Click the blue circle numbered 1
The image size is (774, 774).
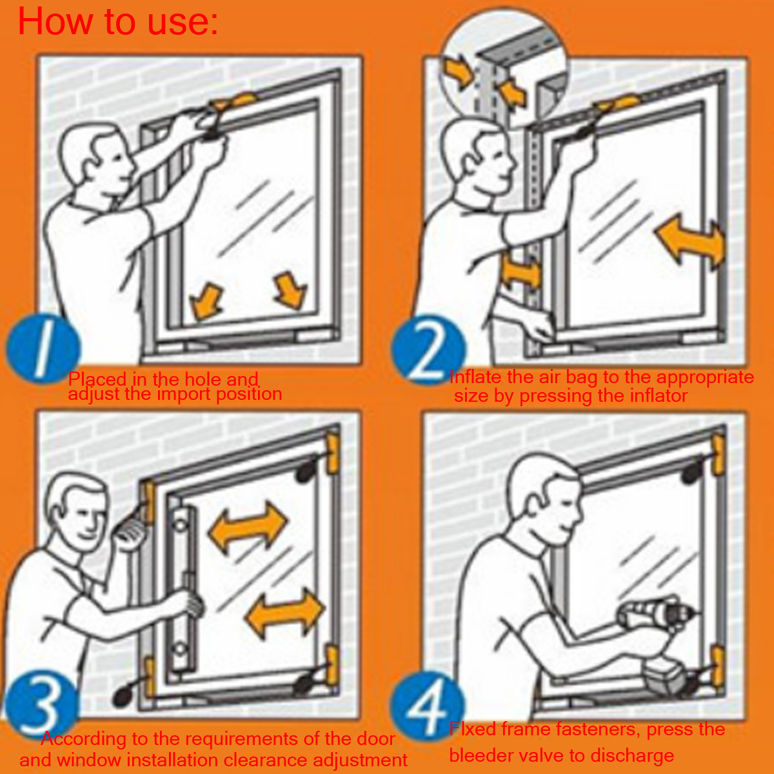43,348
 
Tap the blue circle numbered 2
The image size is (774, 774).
428,350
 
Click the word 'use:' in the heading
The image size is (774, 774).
183,22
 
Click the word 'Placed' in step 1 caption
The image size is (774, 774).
97,379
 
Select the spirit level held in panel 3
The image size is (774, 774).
183,587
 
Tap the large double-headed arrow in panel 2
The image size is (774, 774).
690,241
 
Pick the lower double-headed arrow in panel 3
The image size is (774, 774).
285,613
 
